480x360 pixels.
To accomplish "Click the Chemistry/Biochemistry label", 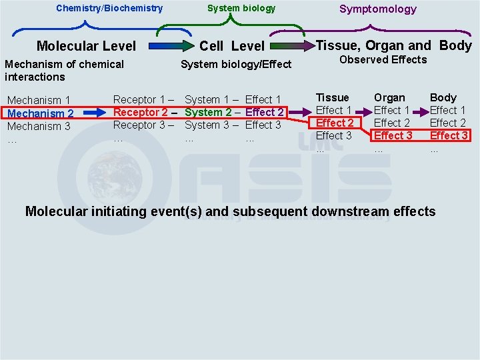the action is tap(109, 9).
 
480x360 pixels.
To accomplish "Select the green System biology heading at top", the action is tap(241, 9).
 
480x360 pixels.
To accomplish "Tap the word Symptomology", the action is tap(377, 9).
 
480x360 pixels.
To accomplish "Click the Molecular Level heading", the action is tap(86, 46).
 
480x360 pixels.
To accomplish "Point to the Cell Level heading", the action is tap(232, 46).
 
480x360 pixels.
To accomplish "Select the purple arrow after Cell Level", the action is tap(290, 46).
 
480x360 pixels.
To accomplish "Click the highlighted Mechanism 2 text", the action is tap(40, 113).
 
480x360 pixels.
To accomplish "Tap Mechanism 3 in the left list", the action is tap(39, 126).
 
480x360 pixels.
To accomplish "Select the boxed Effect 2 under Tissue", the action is tap(335, 123).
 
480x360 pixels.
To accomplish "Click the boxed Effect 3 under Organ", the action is tap(393, 135).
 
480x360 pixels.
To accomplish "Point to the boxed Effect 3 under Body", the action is tap(449, 135).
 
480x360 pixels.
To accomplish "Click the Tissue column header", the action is tap(332, 97).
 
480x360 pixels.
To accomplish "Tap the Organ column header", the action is tap(389, 97).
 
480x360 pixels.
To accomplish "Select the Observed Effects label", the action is tap(383, 60).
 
